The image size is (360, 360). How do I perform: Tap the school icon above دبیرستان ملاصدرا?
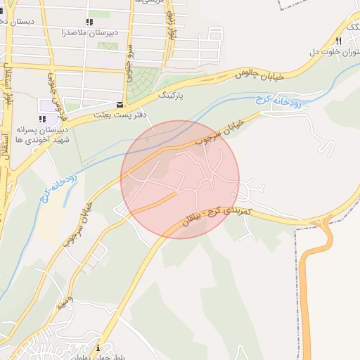click(x=89, y=22)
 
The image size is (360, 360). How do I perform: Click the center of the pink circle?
click(x=180, y=179)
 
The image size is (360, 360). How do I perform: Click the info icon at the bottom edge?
click(x=98, y=348)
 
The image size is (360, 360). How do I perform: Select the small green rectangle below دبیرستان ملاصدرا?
click(x=108, y=46)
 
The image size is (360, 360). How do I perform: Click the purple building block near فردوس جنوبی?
click(x=48, y=105)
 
